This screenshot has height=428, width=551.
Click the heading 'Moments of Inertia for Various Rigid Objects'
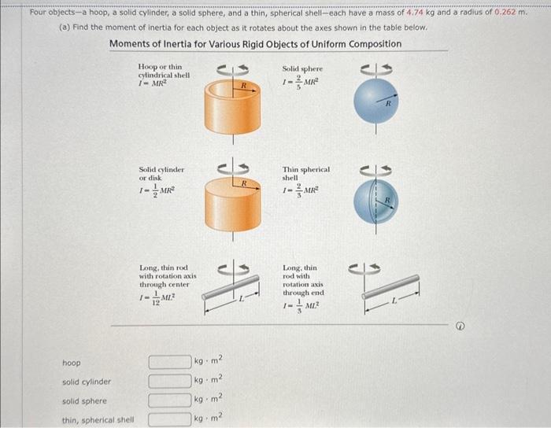click(x=254, y=44)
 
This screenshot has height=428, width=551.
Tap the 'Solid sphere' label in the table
click(x=302, y=69)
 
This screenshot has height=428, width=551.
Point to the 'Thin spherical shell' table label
click(x=306, y=173)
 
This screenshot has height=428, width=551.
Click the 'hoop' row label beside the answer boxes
click(x=71, y=363)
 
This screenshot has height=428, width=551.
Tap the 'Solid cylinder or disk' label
click(x=161, y=174)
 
